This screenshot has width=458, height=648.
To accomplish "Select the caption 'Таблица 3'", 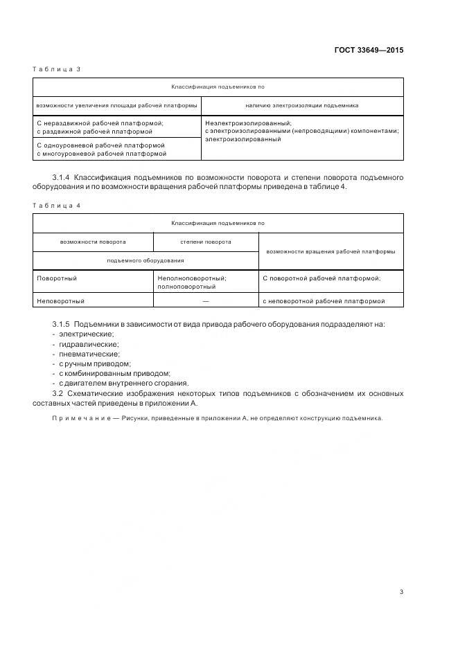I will pos(57,69).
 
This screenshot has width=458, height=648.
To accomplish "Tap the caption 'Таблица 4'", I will pos(57,205).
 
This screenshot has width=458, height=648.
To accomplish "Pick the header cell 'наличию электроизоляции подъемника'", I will pos(302,106).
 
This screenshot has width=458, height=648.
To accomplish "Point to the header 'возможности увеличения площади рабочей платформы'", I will pos(116,106).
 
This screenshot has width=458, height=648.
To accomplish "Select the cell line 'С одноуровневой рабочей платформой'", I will pos(100,145).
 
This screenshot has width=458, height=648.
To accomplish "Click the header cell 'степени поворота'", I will pos(206,242).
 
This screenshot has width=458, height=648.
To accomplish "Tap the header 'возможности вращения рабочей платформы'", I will pos(331,251).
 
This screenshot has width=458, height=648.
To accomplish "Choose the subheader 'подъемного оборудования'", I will pos(146,260).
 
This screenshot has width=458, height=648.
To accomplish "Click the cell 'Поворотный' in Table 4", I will pos(57,278).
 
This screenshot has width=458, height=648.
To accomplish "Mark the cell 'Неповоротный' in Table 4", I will pos(60,301).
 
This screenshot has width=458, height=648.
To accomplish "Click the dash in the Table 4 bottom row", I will pos(206,301).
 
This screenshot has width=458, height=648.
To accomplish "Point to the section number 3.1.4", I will pos(61,178).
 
